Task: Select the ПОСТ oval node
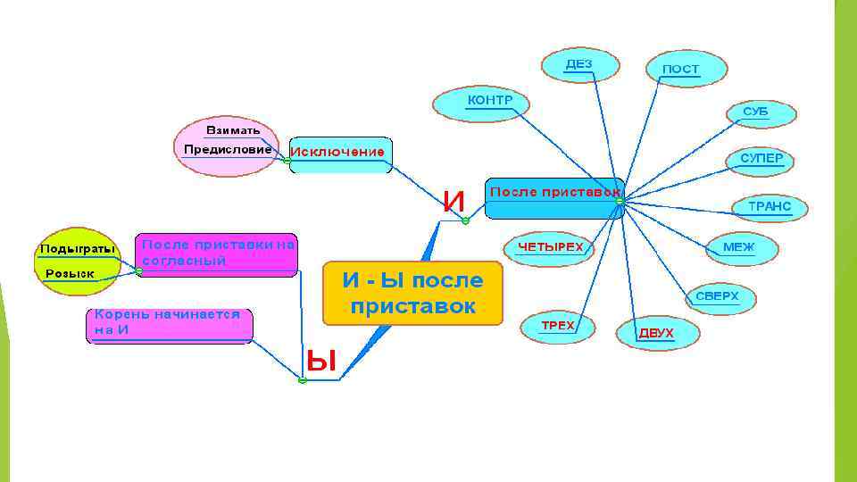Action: point(685,69)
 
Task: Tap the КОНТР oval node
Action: point(481,103)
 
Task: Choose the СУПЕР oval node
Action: point(761,159)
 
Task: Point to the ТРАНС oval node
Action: point(769,207)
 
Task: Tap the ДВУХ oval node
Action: point(657,333)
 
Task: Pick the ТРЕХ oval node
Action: point(559,326)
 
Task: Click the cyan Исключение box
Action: point(340,154)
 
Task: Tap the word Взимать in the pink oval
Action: point(233,130)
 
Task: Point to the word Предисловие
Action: point(228,150)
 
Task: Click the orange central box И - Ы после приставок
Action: point(413,293)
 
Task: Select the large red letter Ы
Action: point(321,361)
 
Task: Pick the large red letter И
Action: point(454,203)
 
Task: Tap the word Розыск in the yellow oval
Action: point(71,273)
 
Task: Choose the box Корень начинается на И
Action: point(170,324)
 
